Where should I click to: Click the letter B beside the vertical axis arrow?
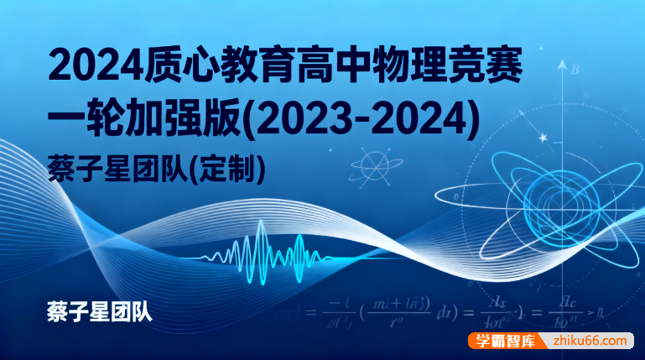(576, 70)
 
